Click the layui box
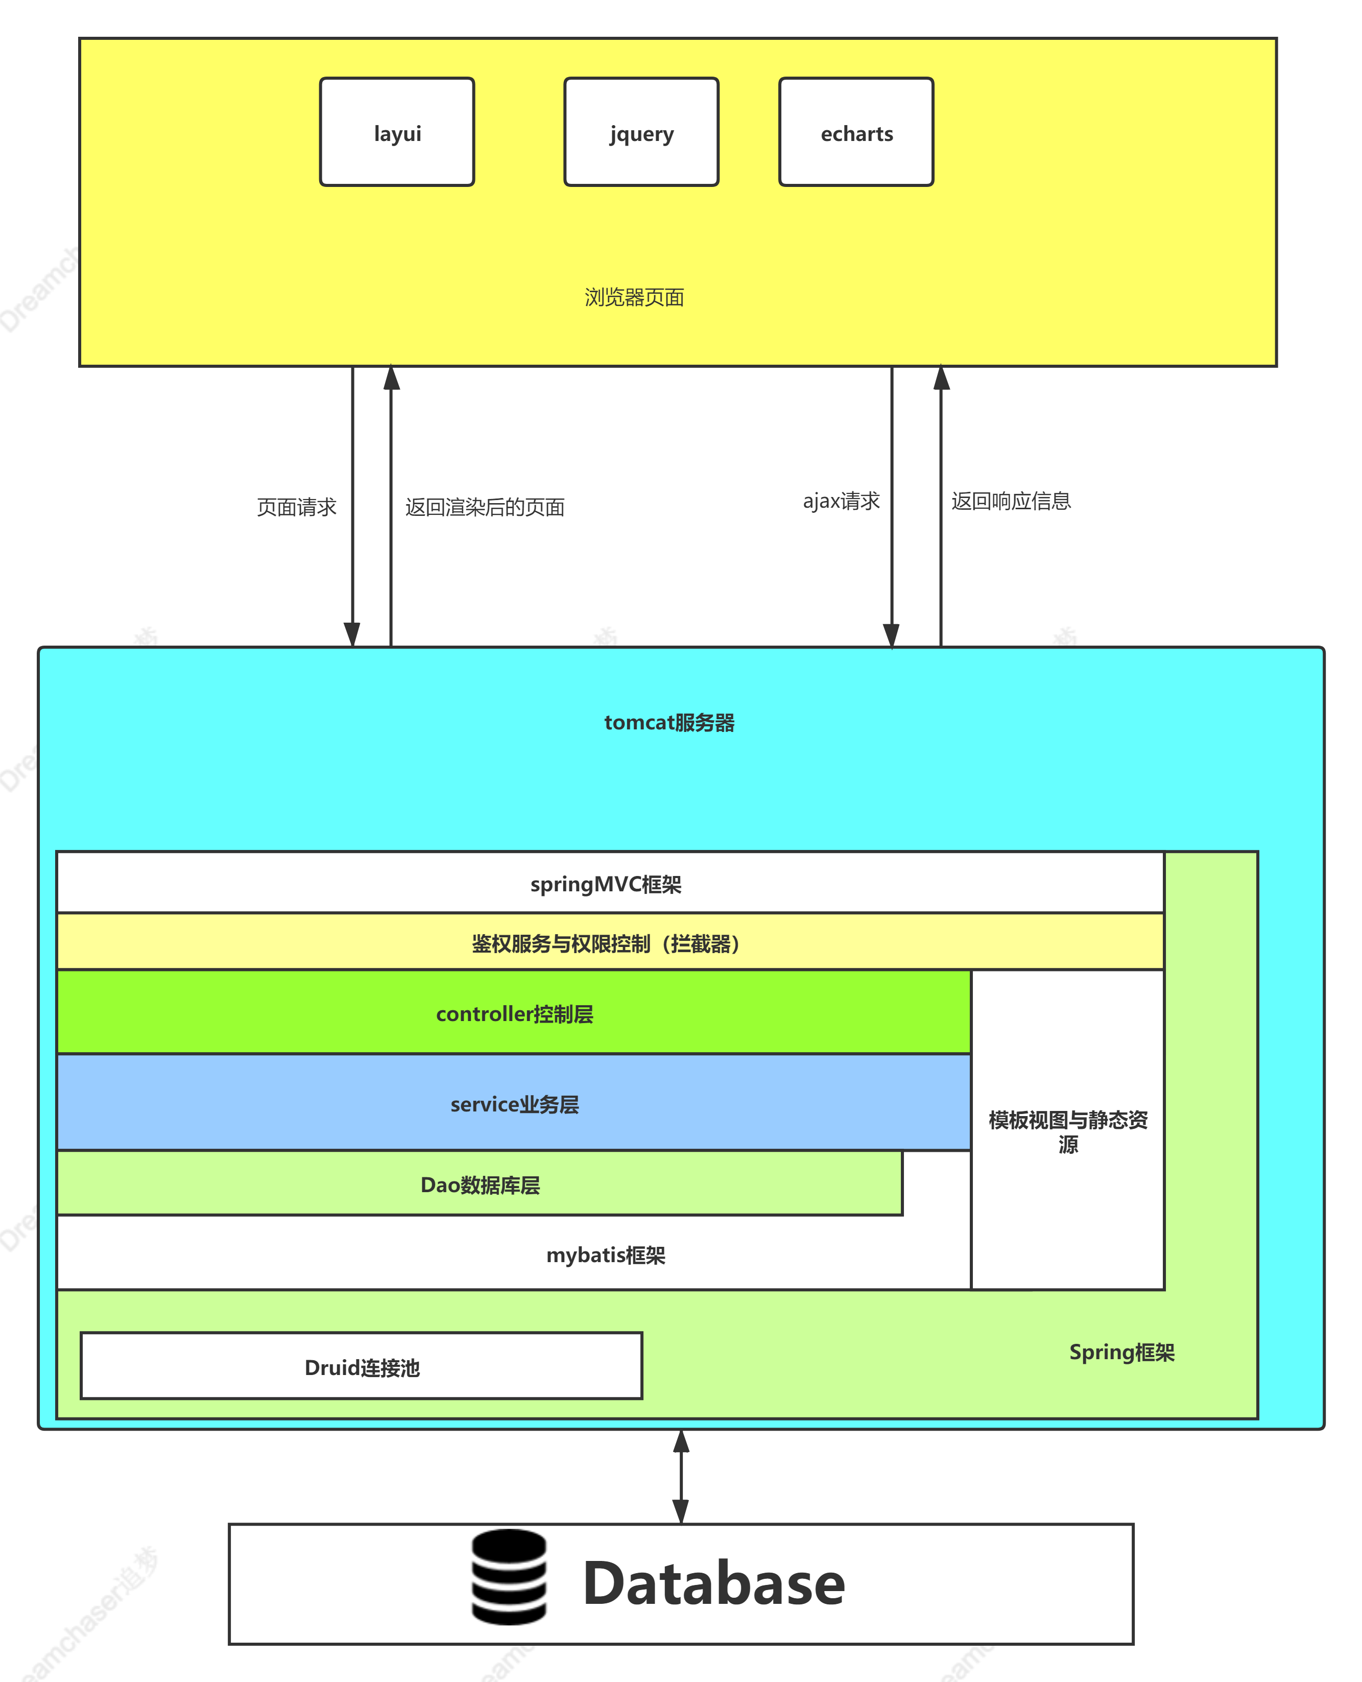pos(397,132)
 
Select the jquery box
pos(641,132)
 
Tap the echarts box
pos(856,132)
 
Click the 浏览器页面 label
pos(634,297)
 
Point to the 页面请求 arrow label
pos(297,507)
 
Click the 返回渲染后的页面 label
pos(485,507)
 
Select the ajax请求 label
pos(841,501)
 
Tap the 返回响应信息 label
pos(1011,501)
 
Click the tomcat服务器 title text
pos(669,723)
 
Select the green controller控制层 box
pos(514,1013)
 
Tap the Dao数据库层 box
pos(480,1184)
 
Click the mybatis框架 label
pos(606,1254)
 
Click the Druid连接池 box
pos(362,1367)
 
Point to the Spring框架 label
pos(1121,1352)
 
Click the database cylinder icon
pos(509,1576)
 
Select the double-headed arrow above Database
pos(681,1476)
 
